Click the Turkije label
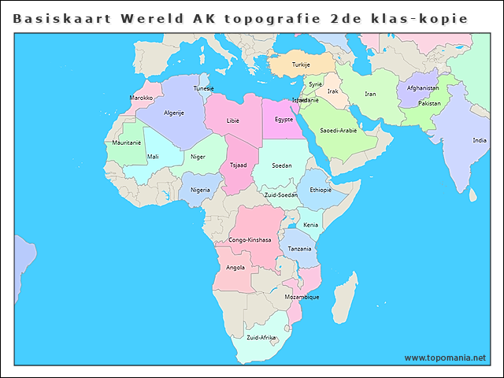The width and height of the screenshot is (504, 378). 301,64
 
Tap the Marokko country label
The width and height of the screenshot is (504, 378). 141,98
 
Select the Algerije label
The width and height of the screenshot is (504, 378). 173,113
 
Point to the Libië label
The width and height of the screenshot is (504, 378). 232,120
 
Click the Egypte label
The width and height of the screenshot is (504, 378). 283,120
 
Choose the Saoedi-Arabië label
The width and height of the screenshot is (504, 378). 338,130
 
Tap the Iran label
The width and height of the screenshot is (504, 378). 370,94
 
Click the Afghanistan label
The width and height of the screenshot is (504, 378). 423,87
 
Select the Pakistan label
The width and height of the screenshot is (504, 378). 429,103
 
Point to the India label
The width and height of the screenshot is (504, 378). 479,140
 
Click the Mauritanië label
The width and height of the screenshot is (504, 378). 126,143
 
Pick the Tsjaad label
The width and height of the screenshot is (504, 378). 238,165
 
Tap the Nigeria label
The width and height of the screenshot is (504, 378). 200,190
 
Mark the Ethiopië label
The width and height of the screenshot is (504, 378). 321,190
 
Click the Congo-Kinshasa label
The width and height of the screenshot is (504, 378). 250,239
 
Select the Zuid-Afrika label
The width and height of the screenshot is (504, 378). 261,337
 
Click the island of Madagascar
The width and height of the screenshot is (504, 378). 343,296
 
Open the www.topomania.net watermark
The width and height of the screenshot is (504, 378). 445,358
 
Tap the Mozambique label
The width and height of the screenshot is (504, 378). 301,297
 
